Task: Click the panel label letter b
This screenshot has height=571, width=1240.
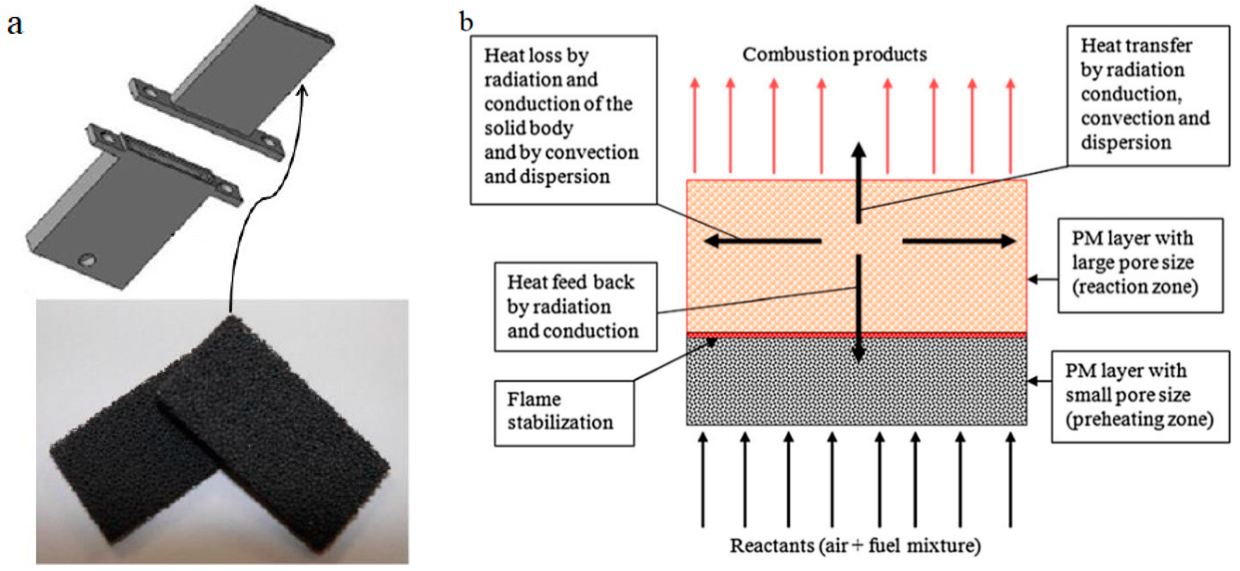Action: [466, 22]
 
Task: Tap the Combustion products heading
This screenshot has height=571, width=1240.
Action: [834, 54]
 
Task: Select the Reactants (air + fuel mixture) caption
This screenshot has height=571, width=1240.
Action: [855, 546]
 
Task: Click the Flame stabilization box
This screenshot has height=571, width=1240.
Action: [563, 412]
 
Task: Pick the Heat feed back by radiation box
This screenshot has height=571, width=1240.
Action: [575, 307]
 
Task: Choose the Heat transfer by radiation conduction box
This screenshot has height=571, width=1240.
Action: [1147, 95]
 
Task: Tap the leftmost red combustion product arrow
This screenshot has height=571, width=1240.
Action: [695, 125]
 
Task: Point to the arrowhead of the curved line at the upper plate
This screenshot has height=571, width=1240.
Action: [303, 89]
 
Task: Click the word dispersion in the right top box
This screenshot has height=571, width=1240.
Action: [1125, 143]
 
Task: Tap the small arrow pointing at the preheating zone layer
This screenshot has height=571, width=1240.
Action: [1040, 381]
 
